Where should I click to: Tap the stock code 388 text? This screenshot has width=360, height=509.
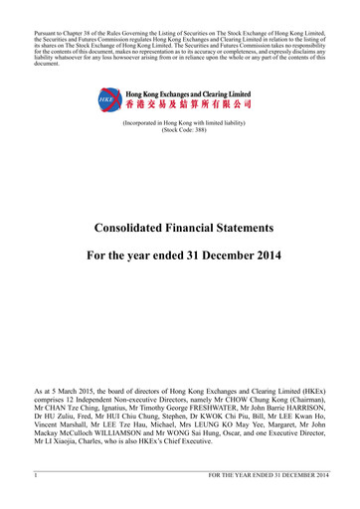(179, 129)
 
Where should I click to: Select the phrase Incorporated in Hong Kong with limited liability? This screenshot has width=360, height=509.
(180, 121)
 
